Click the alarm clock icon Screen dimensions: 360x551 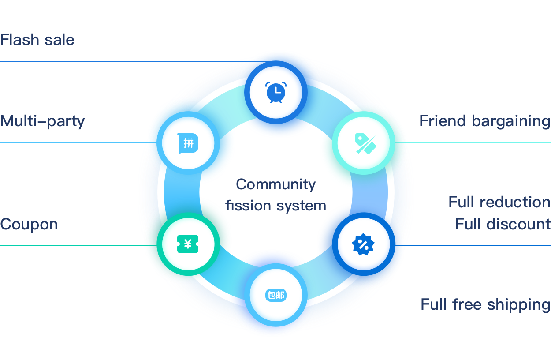[276, 93]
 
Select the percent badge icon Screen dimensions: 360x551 [363, 244]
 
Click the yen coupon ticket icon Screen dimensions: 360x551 [188, 244]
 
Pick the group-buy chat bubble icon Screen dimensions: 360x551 [188, 143]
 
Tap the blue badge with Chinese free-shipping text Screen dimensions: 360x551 [276, 295]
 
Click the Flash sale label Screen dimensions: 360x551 [37, 40]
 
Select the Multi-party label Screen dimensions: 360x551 [42, 121]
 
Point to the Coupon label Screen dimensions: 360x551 [29, 224]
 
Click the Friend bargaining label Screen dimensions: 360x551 [484, 121]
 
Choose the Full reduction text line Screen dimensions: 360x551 [499, 202]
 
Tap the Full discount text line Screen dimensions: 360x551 [503, 224]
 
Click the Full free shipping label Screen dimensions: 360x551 [485, 305]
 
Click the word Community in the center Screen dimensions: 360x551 [276, 184]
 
